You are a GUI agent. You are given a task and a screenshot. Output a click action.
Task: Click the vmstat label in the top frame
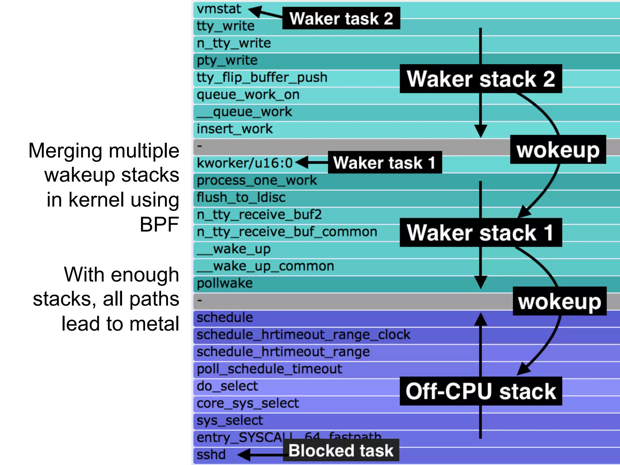(x=219, y=9)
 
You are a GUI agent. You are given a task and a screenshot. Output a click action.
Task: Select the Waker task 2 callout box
(x=341, y=18)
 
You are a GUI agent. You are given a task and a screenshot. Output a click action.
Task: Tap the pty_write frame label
(x=227, y=60)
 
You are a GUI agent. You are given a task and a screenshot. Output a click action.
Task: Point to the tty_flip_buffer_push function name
(x=262, y=77)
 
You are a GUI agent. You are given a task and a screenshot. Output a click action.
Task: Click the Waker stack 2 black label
(x=481, y=79)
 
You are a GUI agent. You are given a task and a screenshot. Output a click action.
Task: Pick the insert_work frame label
(x=235, y=129)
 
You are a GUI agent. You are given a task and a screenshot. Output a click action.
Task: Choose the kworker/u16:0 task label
(x=245, y=163)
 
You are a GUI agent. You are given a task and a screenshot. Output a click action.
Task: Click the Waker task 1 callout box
(x=384, y=163)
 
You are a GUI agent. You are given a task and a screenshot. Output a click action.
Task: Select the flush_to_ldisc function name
(x=241, y=197)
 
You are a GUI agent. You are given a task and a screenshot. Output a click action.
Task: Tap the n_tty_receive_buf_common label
(x=287, y=232)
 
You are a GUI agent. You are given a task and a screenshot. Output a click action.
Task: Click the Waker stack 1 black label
(x=481, y=232)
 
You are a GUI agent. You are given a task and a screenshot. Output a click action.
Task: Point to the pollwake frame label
(x=225, y=283)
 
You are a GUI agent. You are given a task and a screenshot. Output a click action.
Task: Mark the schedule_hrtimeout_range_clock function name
(x=303, y=335)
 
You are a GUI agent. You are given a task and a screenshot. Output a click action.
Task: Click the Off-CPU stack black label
(x=481, y=391)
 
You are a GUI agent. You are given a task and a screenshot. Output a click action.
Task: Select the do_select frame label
(x=227, y=386)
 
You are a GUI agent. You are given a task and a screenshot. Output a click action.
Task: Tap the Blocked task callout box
(x=341, y=450)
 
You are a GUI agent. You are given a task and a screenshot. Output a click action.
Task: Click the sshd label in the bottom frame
(x=211, y=455)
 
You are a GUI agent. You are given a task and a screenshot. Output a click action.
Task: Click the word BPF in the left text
(x=159, y=224)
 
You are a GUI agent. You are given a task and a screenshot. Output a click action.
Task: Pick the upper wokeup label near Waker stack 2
(x=558, y=150)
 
